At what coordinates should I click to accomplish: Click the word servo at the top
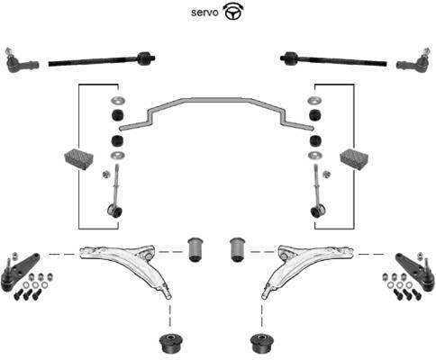(204, 13)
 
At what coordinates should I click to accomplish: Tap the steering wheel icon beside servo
(233, 12)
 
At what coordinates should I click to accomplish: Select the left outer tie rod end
(21, 61)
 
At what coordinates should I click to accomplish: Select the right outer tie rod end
(415, 61)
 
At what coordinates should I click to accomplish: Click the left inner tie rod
(102, 59)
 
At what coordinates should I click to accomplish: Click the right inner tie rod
(333, 59)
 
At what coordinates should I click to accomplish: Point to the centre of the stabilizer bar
(217, 100)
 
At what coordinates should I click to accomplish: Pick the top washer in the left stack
(118, 101)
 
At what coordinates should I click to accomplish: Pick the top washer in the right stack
(315, 101)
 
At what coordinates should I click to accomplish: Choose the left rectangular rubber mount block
(79, 158)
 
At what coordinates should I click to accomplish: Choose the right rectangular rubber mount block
(354, 158)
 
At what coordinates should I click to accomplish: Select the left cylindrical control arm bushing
(195, 249)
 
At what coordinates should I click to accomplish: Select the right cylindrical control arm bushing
(238, 249)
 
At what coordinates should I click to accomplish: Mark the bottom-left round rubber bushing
(171, 343)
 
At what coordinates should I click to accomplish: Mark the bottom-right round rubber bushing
(262, 343)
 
